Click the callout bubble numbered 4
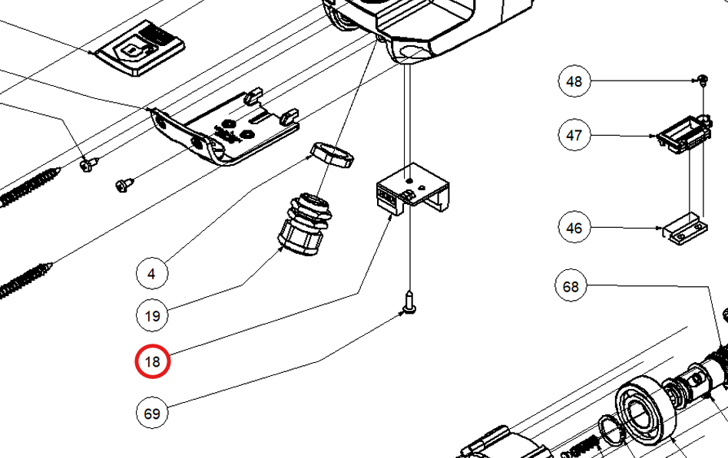pos(152,273)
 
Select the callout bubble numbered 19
pos(152,316)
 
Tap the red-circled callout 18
pos(153,361)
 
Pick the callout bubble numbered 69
pos(152,413)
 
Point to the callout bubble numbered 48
pos(574,81)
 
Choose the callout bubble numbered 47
pos(574,135)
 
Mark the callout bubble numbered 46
pos(574,227)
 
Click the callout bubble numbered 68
pos(571,286)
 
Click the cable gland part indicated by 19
pos(305,225)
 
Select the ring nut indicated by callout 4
pos(332,154)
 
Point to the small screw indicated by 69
pos(409,301)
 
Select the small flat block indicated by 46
pos(685,229)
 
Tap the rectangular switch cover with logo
pos(141,48)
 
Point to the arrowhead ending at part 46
pos(658,228)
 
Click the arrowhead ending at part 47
pos(654,136)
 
